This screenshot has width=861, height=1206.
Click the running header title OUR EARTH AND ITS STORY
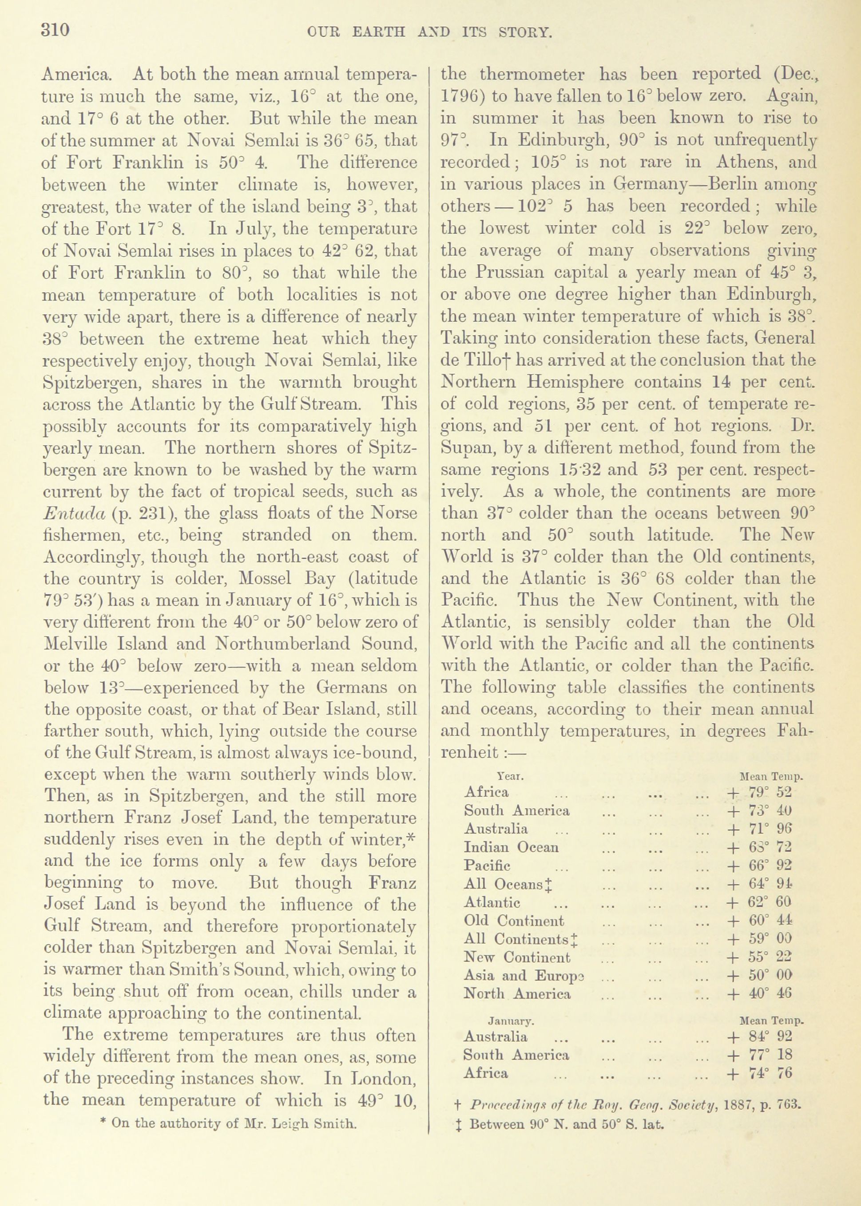click(x=430, y=33)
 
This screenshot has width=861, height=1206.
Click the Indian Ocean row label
click(x=511, y=847)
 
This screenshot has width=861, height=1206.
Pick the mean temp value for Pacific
click(x=760, y=865)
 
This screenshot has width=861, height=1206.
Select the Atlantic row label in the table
click(x=492, y=902)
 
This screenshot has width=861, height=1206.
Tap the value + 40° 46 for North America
click(x=760, y=993)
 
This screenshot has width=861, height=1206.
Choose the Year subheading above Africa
click(x=511, y=777)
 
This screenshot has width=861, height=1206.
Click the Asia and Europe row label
click(x=524, y=976)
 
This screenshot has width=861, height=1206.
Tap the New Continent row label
click(x=517, y=957)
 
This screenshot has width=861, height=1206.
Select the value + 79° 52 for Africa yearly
click(x=760, y=793)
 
